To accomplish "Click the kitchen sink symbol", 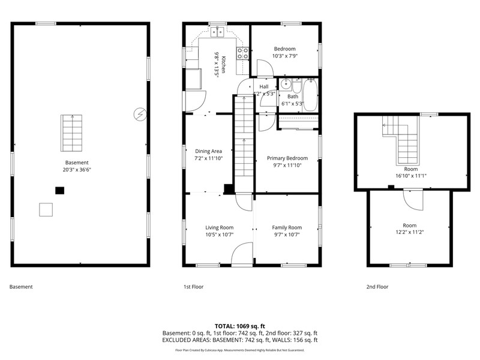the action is point(217,32).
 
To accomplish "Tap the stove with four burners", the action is point(242,53).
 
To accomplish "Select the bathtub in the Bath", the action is point(310,95).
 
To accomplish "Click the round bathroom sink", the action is point(286,84).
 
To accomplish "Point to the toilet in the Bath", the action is point(296,86).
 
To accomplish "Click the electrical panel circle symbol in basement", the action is point(140,115).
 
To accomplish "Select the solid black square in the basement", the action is point(59,190).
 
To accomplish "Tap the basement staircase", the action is point(71,133).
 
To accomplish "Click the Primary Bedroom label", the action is point(287,158).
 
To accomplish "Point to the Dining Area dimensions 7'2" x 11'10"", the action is point(208,158).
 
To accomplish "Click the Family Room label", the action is point(287,227).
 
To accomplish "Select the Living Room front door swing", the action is point(242,254).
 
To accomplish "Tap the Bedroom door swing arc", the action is point(265,68).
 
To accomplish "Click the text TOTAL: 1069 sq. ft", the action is point(239,326).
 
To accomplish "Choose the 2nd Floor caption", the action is point(377,287).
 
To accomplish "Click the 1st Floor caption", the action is point(193,287).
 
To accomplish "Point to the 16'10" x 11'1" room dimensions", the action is point(411,176).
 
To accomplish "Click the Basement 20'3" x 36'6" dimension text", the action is point(77,170).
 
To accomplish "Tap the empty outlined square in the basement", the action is point(46,209).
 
